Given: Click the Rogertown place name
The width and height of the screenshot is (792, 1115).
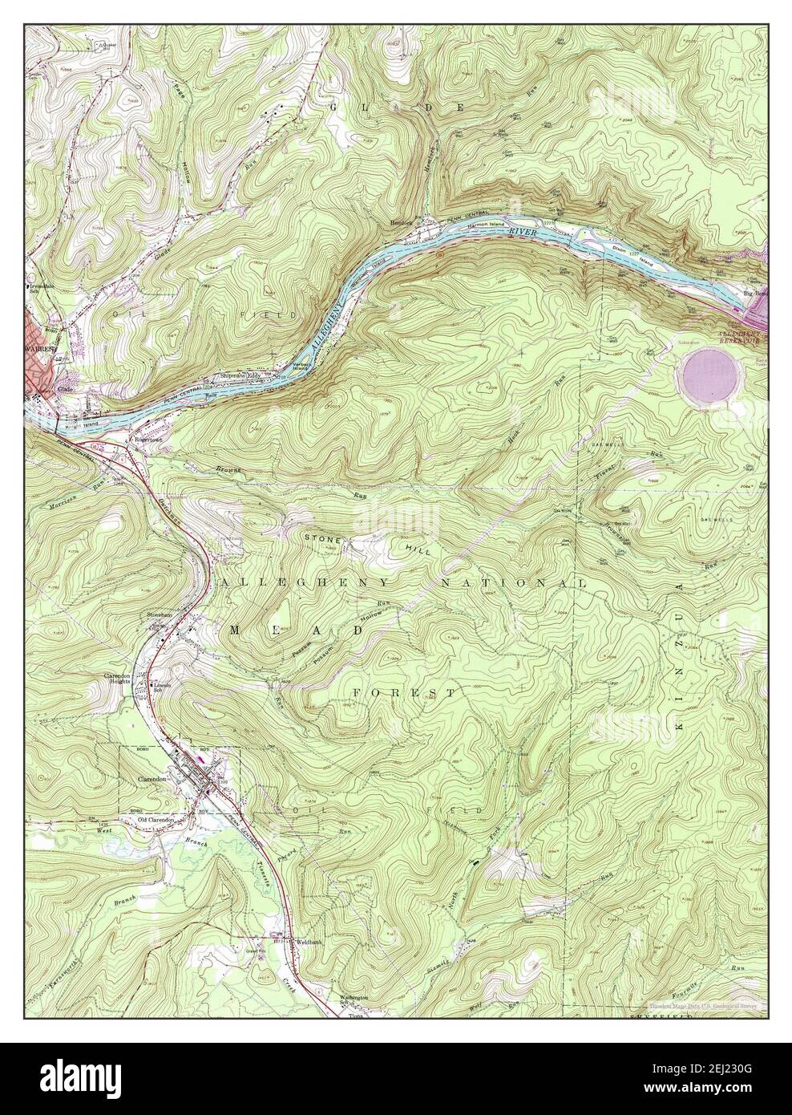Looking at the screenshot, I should click(149, 440).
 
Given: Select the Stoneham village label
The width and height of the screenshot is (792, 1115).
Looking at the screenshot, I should click(160, 615).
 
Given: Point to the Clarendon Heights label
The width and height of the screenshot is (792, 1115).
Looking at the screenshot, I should click(123, 681).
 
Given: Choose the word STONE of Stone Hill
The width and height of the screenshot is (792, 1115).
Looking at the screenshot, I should click(323, 540).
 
